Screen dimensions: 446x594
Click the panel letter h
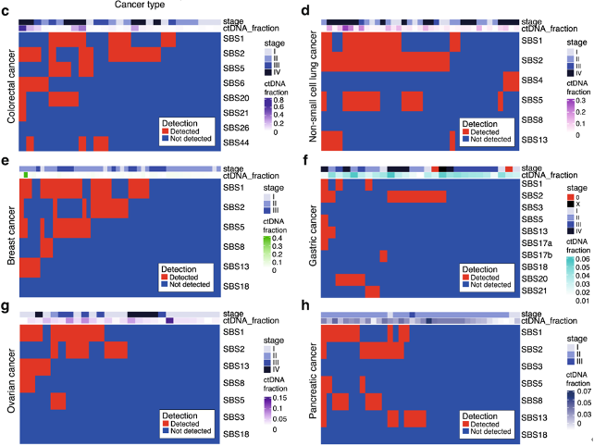(x=305, y=306)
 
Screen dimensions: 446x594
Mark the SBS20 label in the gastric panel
(x=532, y=279)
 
